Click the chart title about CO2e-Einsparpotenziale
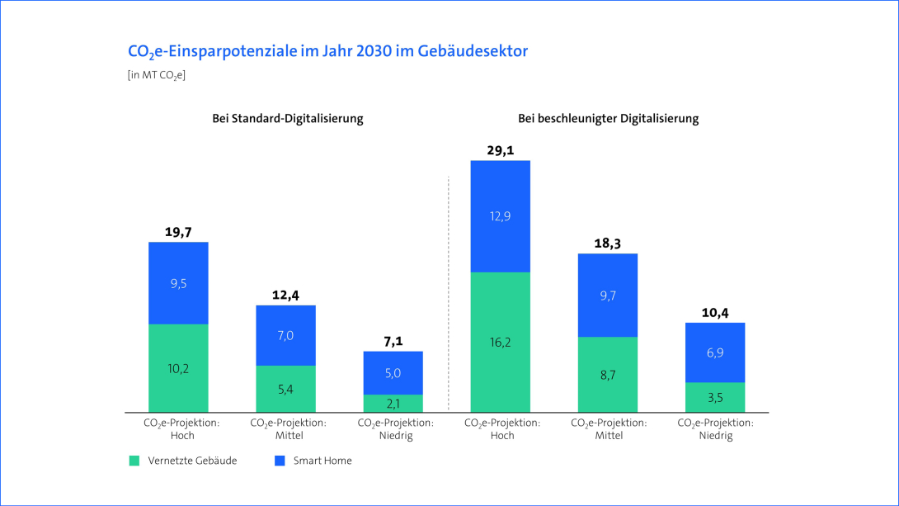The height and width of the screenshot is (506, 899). pos(327,51)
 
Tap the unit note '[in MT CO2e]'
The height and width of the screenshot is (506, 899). pos(157,76)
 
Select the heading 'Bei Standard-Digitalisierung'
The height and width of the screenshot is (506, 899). pos(288,118)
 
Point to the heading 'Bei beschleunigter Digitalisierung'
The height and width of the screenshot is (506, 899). pos(608,118)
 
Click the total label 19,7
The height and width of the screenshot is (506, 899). pos(178,232)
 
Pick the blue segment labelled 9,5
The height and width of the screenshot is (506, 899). pos(178,283)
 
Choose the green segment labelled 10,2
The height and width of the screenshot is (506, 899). pos(178,368)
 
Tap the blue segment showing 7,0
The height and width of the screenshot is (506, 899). pos(285,335)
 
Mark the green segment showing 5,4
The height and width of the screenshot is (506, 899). pos(285,389)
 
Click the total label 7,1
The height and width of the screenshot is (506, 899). pos(393,341)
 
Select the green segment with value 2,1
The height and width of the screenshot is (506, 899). pos(393,403)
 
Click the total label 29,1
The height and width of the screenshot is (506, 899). pos(500,150)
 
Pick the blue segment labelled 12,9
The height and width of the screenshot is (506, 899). pos(500,216)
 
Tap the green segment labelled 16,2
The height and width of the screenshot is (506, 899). pos(500,342)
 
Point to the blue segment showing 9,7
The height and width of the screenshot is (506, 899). pos(608,296)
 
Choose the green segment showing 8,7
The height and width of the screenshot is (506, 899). pos(608,375)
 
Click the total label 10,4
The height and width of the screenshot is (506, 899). pos(715,313)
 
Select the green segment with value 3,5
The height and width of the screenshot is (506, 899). pos(715,397)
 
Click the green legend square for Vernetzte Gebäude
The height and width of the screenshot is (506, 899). pos(134,461)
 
